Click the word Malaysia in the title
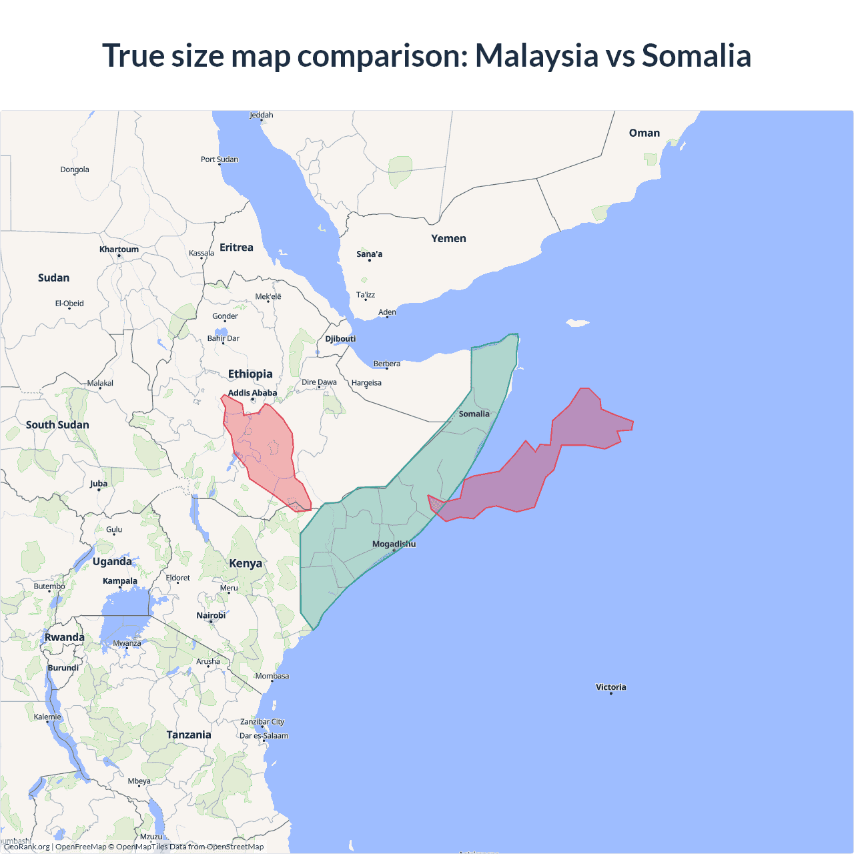[536, 55]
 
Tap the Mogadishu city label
[394, 544]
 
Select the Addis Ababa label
[252, 393]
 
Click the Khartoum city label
[119, 250]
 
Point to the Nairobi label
[211, 615]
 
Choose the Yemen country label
[448, 239]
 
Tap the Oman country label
[644, 133]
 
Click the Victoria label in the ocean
[610, 687]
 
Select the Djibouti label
[340, 339]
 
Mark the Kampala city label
[120, 581]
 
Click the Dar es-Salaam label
[264, 736]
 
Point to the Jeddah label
[262, 115]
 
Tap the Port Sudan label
[219, 159]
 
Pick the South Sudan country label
[57, 425]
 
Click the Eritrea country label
[236, 248]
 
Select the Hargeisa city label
[366, 383]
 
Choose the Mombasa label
[272, 676]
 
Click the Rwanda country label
[65, 637]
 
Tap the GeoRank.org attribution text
[27, 847]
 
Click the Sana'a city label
[369, 254]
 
